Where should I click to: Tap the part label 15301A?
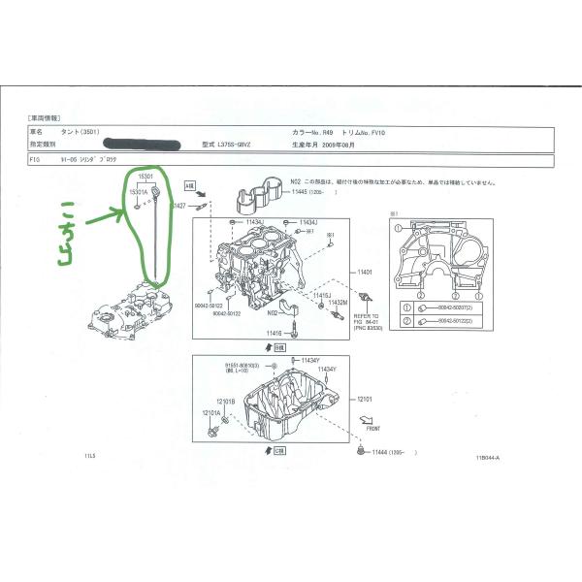140,192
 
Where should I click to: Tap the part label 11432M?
337,303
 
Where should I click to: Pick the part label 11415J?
323,294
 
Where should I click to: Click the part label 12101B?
225,401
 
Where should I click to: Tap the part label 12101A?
211,412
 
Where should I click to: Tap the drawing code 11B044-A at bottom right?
490,459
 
